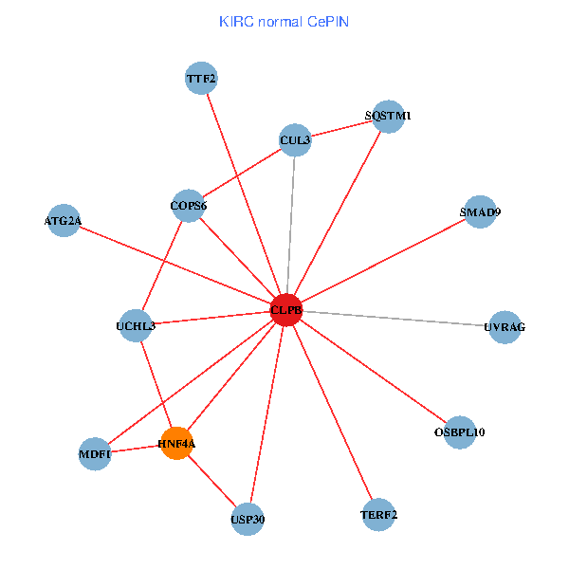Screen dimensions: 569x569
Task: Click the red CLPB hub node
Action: [285, 310]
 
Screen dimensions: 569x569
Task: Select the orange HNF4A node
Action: [177, 443]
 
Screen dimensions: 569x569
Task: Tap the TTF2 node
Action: [201, 79]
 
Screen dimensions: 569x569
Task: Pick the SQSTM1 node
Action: [388, 116]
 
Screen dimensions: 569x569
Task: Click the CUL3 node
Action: [295, 141]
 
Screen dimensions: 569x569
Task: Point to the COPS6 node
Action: [189, 206]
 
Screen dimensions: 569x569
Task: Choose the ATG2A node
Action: [64, 221]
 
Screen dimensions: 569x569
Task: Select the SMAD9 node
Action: [480, 212]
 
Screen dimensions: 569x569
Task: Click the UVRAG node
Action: [504, 327]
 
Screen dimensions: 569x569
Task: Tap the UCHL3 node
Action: [136, 326]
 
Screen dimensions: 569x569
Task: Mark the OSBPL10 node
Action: [459, 432]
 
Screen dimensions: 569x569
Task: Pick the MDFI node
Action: [95, 454]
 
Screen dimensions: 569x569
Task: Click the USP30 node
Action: [247, 520]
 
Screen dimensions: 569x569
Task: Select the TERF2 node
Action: [378, 515]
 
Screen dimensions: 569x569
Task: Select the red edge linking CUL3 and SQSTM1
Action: [341, 129]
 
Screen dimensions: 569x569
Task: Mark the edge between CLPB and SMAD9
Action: [382, 262]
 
